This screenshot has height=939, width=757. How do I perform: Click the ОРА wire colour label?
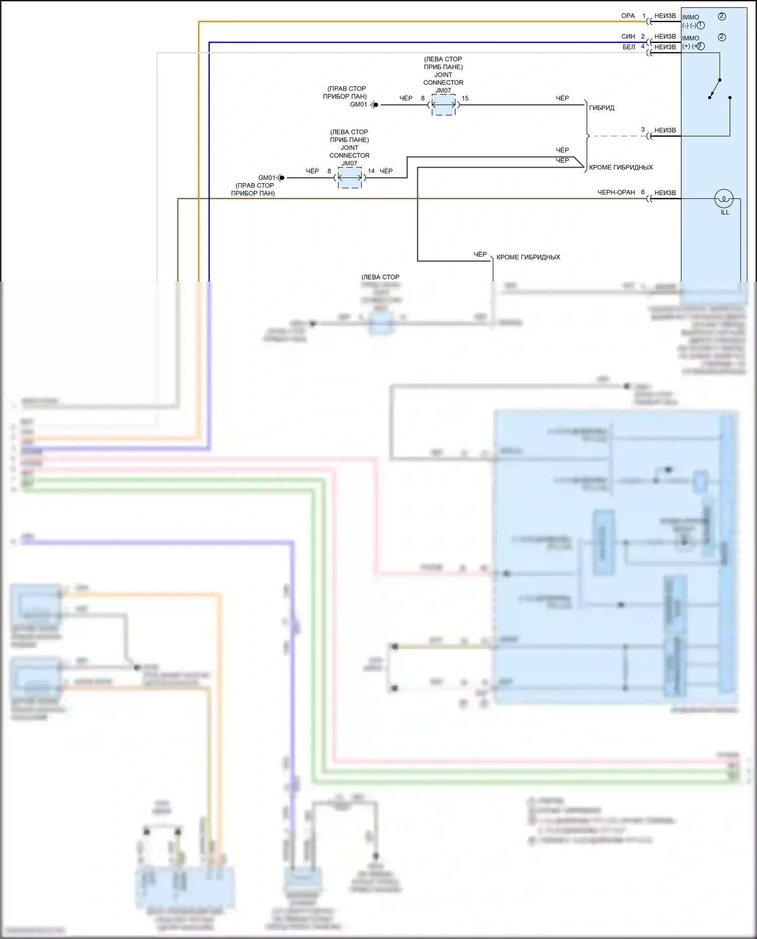[628, 16]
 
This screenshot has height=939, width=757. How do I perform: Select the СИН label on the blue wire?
[628, 36]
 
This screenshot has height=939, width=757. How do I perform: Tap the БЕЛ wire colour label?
[629, 47]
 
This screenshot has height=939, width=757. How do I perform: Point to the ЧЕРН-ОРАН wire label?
[616, 192]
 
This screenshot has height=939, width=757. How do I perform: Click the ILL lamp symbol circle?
[724, 199]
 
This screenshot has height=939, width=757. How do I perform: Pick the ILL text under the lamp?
[725, 212]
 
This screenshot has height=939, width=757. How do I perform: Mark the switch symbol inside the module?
[715, 88]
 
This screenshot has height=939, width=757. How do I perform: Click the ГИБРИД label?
[602, 107]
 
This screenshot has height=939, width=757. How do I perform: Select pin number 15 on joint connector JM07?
[465, 98]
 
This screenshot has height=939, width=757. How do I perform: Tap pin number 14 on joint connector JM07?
[371, 171]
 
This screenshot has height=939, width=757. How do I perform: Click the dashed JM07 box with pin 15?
[444, 105]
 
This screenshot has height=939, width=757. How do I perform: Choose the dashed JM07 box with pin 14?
[350, 178]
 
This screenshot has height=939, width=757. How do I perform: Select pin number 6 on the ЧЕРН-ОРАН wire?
[642, 192]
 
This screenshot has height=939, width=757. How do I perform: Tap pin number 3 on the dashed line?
[642, 130]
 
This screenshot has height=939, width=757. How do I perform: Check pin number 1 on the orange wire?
[643, 16]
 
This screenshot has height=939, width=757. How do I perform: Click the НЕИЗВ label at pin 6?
[665, 193]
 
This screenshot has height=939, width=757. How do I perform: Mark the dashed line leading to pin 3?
[618, 136]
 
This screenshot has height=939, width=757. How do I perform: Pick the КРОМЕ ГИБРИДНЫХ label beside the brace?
[621, 167]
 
